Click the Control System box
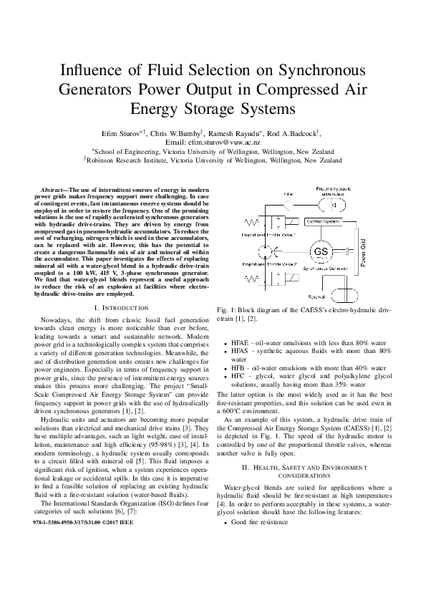[324, 223]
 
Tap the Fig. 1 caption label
[226, 309]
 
